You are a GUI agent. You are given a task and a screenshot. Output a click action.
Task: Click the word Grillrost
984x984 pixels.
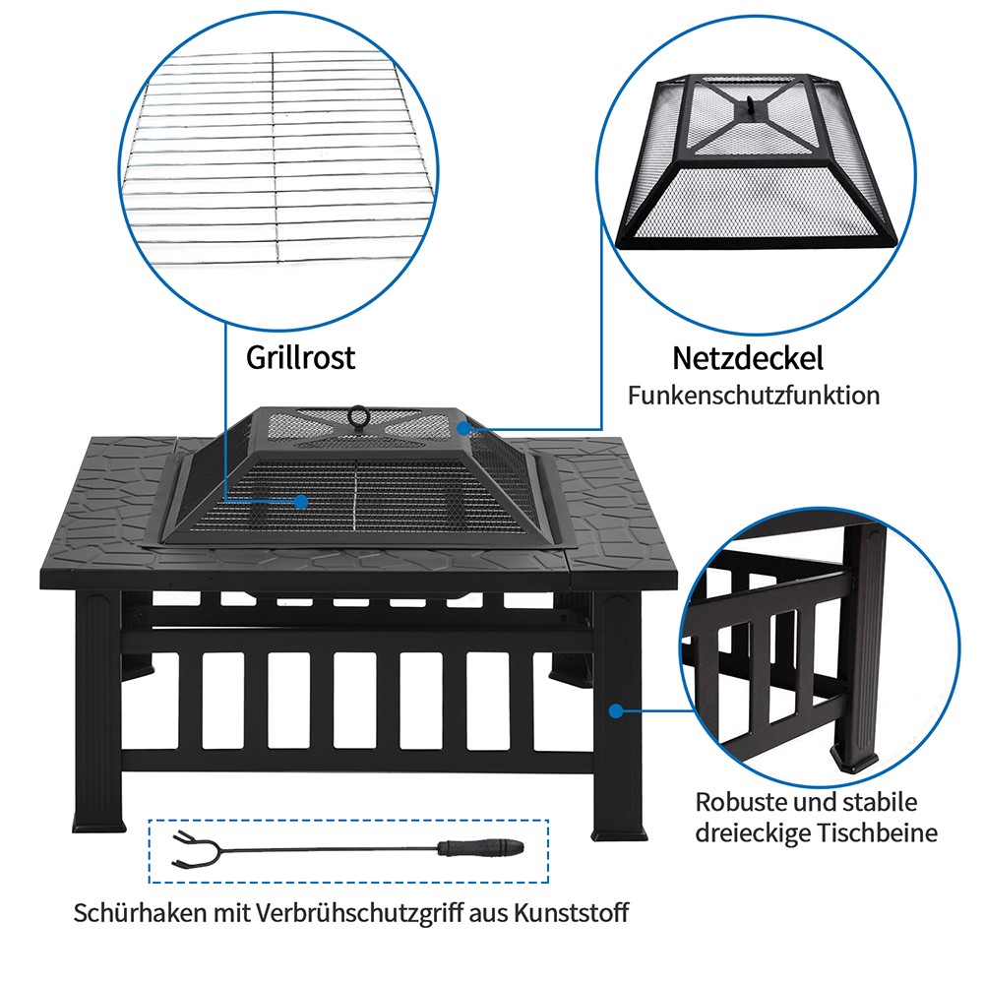coord(300,356)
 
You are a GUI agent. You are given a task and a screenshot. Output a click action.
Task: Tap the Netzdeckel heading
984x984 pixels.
coord(748,357)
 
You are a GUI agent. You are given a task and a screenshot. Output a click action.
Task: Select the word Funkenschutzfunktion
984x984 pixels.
coord(754,396)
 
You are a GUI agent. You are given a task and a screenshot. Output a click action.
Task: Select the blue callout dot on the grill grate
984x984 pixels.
coord(301,501)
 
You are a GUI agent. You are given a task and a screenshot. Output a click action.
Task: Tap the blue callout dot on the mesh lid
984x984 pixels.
coord(463,428)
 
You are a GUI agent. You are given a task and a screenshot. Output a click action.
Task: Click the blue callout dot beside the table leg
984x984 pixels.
coord(617,708)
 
